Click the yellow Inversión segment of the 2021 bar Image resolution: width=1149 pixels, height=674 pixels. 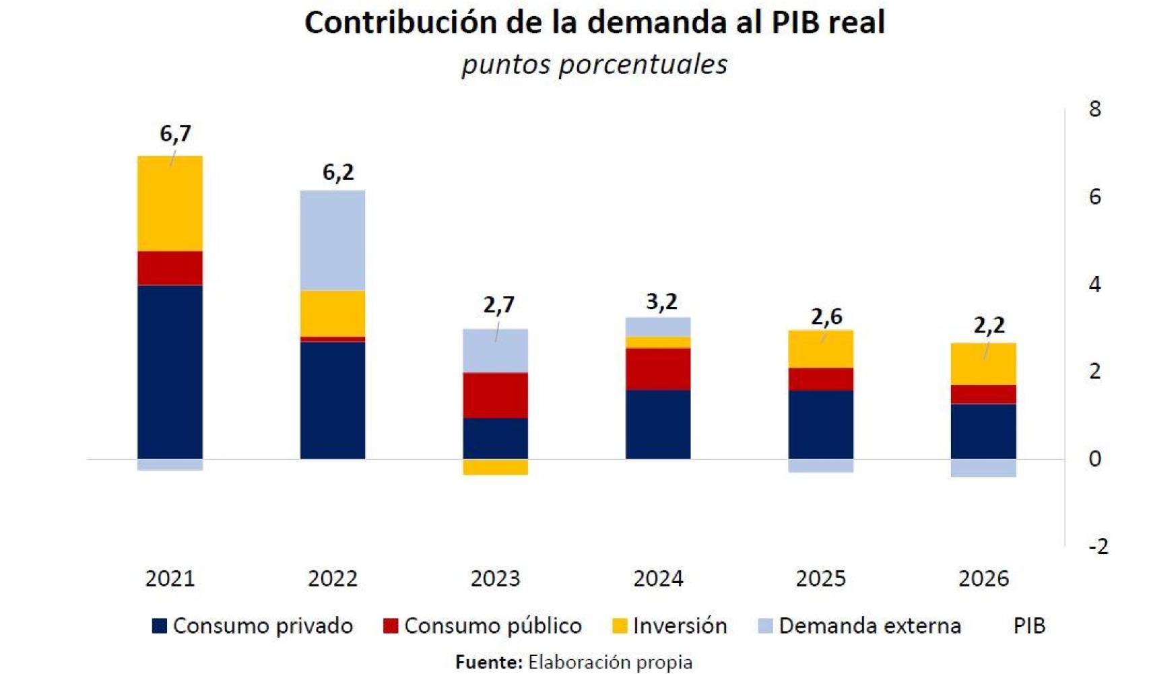click(x=170, y=203)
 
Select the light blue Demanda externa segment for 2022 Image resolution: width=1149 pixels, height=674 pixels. click(x=333, y=240)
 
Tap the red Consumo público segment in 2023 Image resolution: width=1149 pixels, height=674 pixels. click(x=495, y=395)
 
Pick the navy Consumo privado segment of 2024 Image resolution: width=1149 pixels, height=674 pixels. click(x=658, y=424)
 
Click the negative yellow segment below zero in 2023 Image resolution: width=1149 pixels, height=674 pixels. click(x=495, y=467)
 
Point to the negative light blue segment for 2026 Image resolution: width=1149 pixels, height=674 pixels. click(x=983, y=468)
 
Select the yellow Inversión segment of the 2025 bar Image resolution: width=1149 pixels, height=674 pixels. click(x=820, y=349)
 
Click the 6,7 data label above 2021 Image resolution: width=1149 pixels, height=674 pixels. click(x=175, y=133)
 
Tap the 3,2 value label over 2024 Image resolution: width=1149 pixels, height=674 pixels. click(x=661, y=301)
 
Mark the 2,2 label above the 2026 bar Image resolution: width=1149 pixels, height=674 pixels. click(x=989, y=325)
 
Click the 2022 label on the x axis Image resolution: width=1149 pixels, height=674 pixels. click(x=332, y=578)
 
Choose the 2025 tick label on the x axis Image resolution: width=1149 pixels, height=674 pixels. click(x=820, y=578)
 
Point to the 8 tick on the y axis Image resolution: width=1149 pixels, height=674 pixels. click(x=1094, y=109)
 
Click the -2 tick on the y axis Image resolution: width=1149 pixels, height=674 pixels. click(x=1098, y=546)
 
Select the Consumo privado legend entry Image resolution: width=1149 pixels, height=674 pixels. click(x=253, y=626)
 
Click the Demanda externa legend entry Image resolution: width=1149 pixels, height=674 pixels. click(x=859, y=626)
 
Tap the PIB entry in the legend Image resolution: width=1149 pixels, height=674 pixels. click(x=1028, y=626)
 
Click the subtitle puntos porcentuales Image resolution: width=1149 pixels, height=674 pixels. click(x=594, y=65)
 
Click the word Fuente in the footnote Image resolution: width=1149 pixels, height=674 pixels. click(x=488, y=663)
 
